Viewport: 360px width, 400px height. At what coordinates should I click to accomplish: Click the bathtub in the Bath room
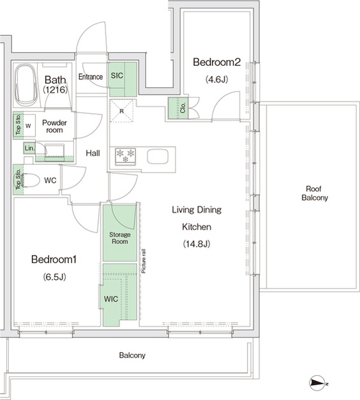(26, 85)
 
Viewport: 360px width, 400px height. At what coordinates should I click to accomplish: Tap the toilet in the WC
(30, 180)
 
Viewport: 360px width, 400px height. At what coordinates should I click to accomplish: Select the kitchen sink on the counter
(158, 156)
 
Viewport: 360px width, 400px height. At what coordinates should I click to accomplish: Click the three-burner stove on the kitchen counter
(125, 155)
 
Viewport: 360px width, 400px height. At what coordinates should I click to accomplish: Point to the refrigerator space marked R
(122, 111)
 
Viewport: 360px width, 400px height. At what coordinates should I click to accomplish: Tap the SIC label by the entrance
(117, 75)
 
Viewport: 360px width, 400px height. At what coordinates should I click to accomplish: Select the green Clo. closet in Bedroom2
(178, 108)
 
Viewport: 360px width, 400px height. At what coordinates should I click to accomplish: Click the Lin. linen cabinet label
(29, 148)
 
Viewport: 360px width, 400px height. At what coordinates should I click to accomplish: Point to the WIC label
(111, 299)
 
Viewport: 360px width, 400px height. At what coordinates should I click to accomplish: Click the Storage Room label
(120, 238)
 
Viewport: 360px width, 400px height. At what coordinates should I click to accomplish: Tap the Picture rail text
(144, 261)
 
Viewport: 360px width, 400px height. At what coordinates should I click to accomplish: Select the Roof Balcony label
(315, 193)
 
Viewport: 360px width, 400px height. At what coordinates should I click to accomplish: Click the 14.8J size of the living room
(197, 244)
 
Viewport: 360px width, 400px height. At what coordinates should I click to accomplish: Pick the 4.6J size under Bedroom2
(216, 80)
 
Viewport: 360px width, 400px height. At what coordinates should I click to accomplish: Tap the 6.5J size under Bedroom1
(54, 277)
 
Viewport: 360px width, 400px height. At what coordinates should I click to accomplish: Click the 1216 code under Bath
(55, 89)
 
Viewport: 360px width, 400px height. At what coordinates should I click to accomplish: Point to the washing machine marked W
(28, 126)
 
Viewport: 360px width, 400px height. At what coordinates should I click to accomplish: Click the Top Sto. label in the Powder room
(18, 125)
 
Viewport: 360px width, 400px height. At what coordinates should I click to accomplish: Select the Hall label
(93, 153)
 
